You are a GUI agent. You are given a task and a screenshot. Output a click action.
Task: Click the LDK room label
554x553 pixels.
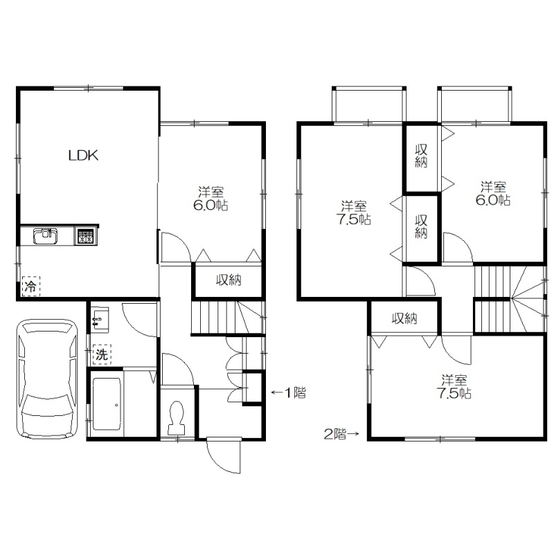click(83, 155)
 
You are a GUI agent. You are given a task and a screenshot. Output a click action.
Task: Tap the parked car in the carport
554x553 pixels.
click(47, 379)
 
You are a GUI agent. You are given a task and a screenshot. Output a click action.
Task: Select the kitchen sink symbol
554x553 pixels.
click(45, 236)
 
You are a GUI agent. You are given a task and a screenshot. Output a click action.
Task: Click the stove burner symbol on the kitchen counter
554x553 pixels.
click(85, 236)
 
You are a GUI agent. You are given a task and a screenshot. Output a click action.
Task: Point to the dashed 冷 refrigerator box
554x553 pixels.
click(31, 287)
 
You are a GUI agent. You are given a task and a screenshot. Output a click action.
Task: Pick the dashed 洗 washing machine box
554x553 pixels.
click(102, 354)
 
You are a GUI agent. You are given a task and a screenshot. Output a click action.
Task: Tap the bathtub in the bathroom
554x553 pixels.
click(107, 404)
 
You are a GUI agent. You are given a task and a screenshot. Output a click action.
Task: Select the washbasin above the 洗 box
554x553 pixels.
click(100, 319)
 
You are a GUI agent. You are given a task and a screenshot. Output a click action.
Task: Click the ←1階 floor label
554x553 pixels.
click(288, 392)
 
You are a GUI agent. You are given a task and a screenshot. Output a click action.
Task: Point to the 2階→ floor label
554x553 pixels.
click(341, 434)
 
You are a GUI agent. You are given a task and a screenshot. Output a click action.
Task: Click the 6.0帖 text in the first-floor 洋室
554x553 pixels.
click(211, 206)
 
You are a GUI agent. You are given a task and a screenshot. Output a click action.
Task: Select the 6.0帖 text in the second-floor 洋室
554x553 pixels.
click(492, 200)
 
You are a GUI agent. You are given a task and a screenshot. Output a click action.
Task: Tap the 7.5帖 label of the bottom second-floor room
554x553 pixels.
click(454, 393)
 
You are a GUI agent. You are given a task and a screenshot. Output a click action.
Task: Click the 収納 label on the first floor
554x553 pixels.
click(229, 280)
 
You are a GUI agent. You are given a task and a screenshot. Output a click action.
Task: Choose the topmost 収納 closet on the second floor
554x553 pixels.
click(422, 158)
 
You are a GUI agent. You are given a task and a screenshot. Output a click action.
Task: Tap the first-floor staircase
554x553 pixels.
click(228, 317)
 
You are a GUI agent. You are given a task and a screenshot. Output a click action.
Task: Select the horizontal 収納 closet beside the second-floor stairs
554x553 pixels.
click(404, 318)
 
